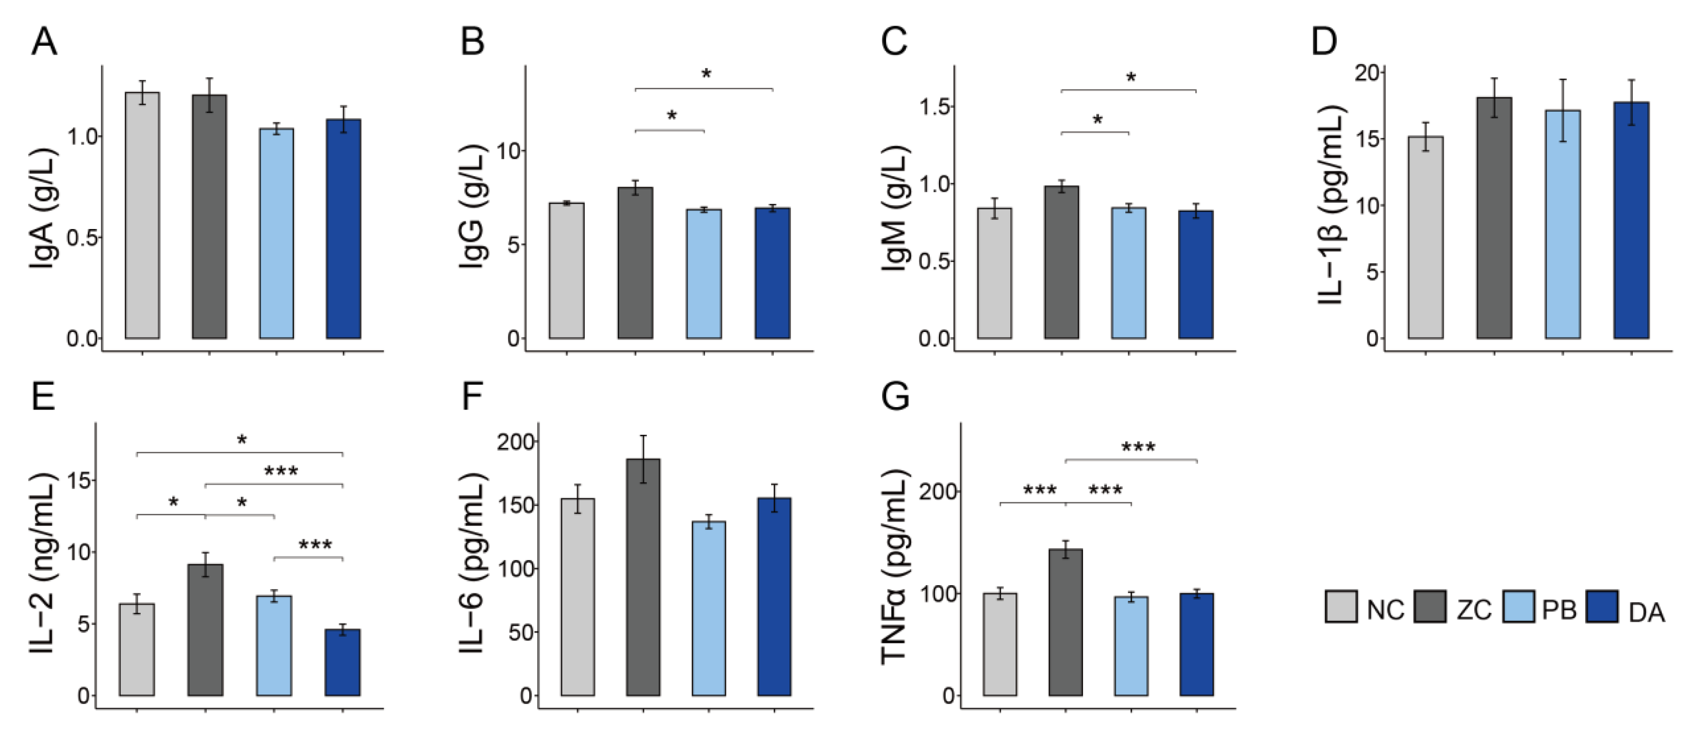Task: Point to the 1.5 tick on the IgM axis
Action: (934, 106)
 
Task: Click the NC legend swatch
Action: (1341, 607)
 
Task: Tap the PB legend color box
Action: (1518, 607)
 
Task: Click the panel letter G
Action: (895, 396)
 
